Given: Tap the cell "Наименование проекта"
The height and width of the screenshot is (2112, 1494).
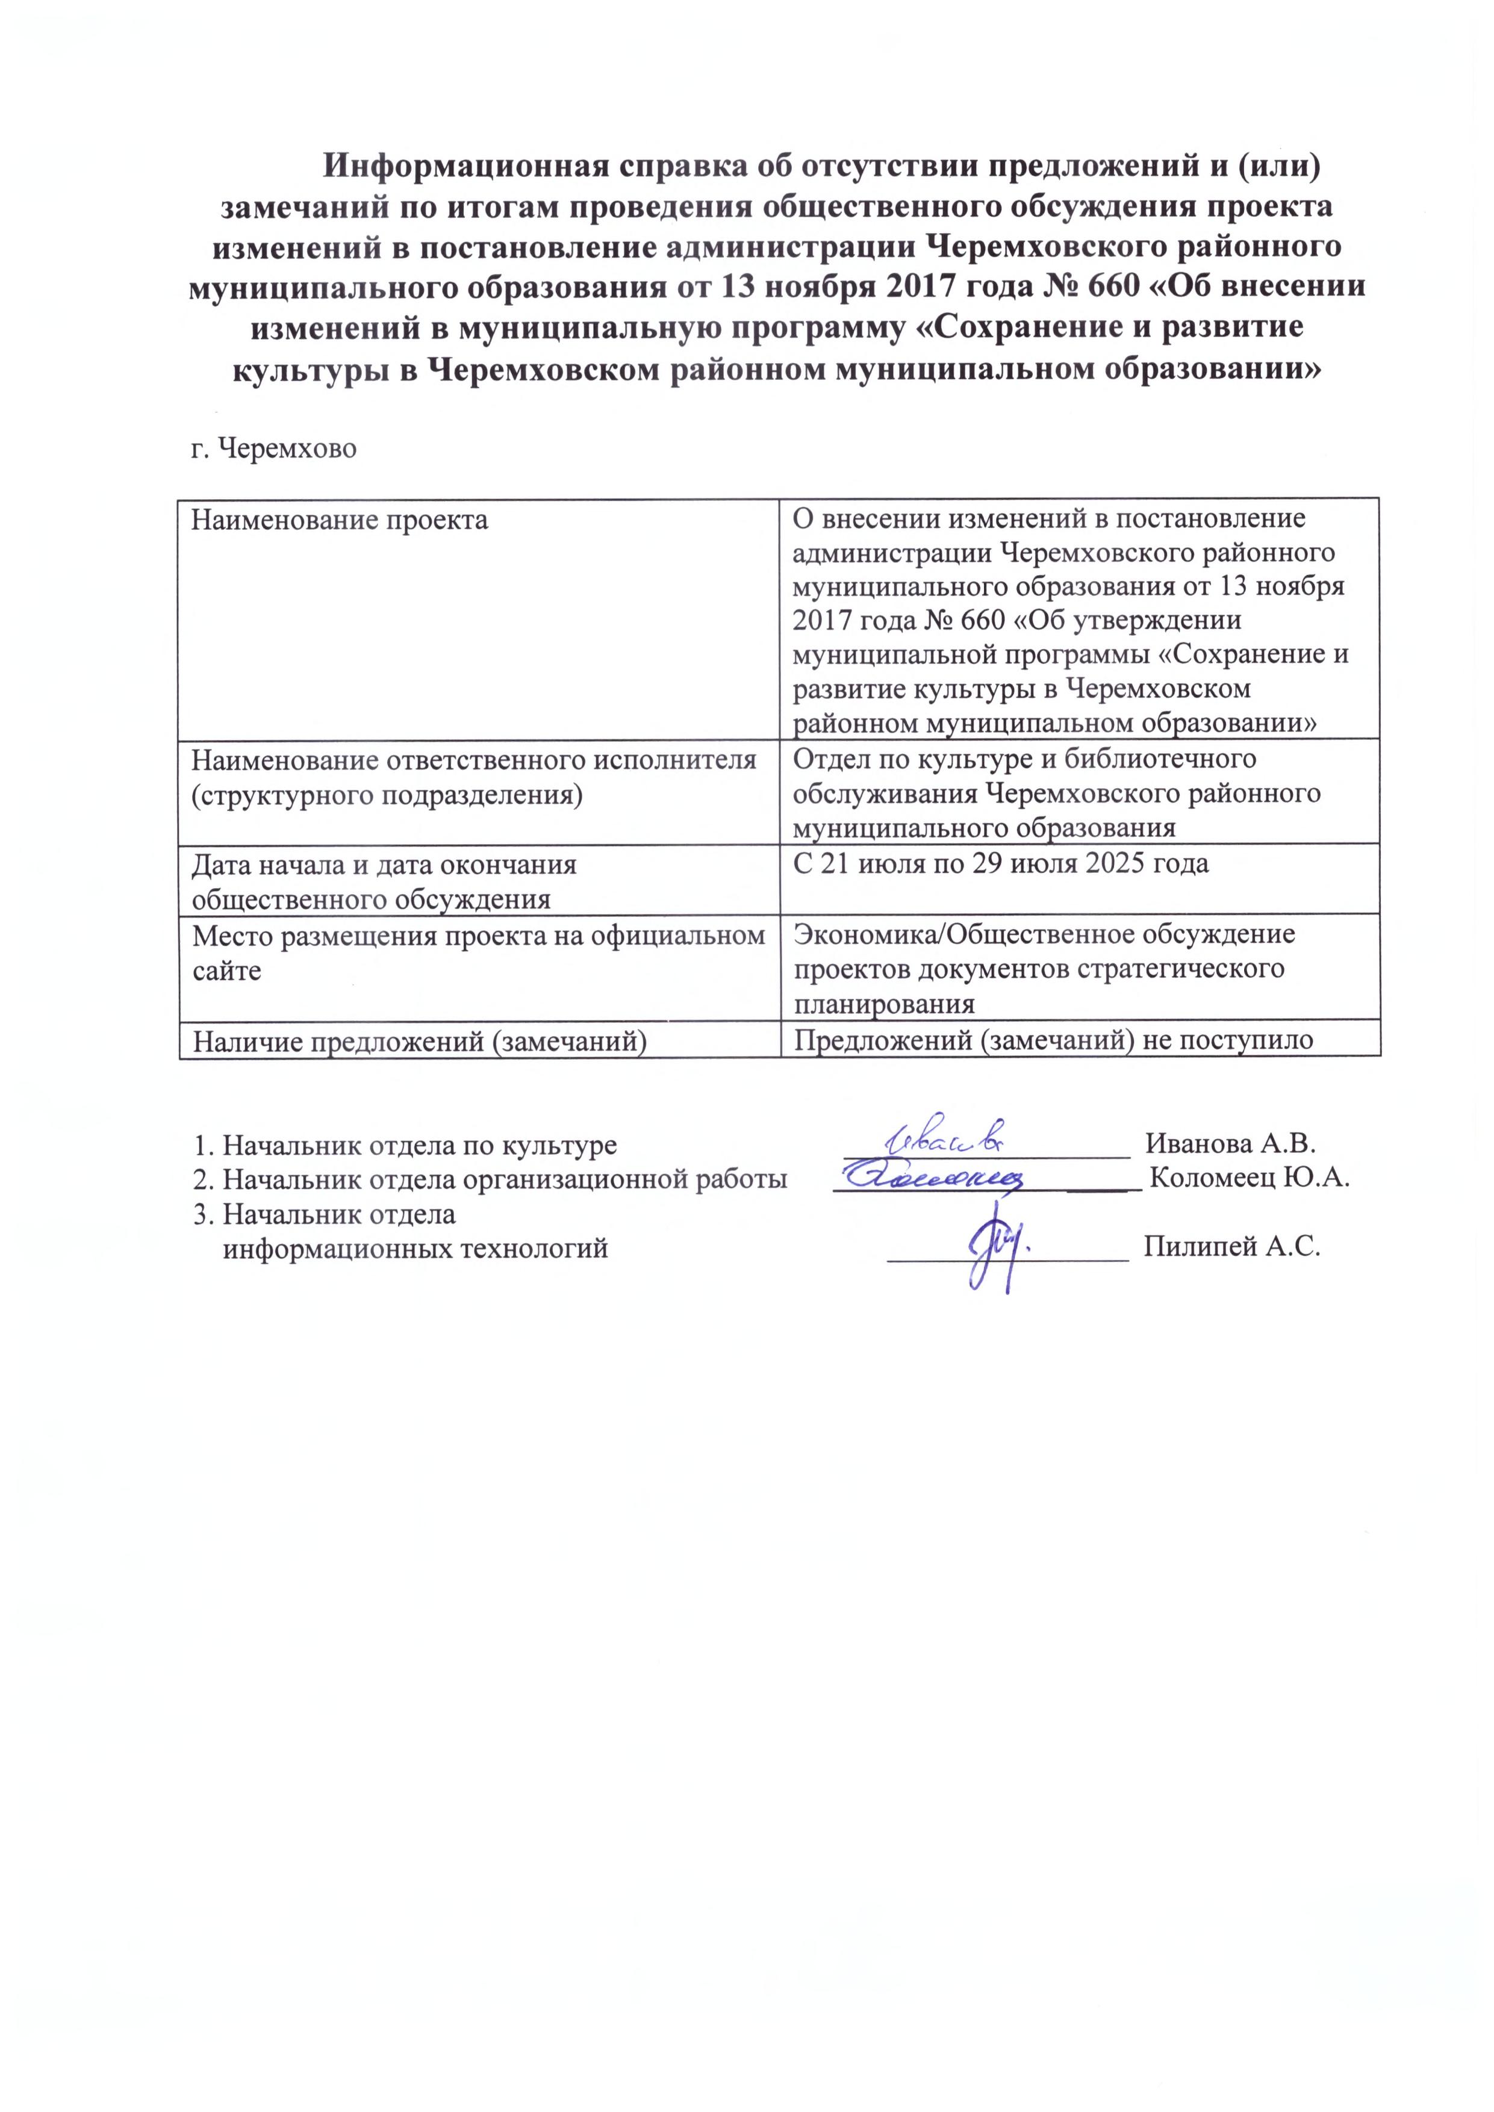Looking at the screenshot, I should [338, 521].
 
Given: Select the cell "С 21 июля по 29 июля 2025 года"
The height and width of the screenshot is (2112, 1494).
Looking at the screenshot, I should [1000, 864].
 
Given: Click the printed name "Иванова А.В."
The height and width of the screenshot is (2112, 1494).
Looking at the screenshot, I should [1230, 1145].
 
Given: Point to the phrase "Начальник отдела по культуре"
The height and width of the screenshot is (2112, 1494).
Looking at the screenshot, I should [420, 1145].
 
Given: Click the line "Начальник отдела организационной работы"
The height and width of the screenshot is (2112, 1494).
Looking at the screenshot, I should [504, 1179].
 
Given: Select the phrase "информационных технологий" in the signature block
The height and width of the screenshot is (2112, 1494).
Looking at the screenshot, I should [416, 1248].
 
